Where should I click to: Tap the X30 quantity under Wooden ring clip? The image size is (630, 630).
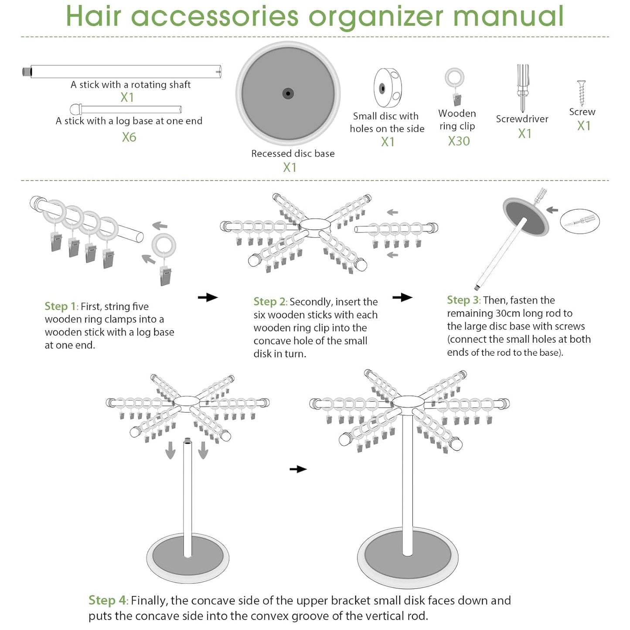pos(459,141)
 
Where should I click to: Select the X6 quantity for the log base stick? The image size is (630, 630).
pos(129,137)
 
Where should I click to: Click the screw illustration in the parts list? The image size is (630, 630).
pos(581,93)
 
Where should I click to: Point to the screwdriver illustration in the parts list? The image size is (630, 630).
pos(522,88)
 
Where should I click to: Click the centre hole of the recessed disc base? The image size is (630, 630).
pos(288,93)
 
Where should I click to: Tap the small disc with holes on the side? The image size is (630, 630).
pos(388,88)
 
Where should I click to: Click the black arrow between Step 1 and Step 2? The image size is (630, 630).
pos(208,297)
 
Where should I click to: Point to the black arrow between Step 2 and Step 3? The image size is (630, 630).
pos(402,297)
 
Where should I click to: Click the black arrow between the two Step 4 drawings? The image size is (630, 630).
pos(298,469)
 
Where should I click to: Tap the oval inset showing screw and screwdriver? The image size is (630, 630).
pos(580,221)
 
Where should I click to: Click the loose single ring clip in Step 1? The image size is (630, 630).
pos(164,258)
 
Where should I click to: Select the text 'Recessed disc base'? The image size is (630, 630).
pos(293,153)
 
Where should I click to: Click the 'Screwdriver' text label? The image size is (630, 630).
pos(522,119)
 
